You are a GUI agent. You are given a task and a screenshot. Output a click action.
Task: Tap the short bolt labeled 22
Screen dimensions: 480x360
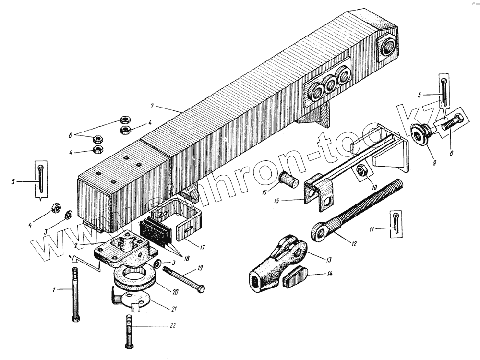[129, 331]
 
